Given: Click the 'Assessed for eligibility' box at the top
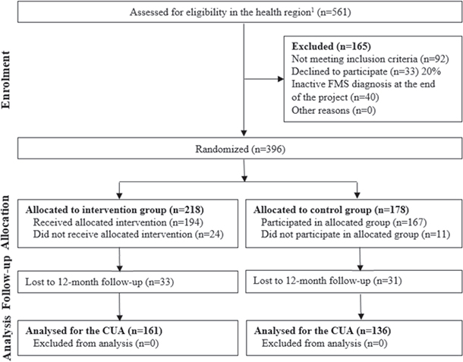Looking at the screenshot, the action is tap(240, 12).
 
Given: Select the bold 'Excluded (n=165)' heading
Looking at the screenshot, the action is tap(331, 46).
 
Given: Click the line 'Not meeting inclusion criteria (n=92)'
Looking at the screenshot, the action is tap(370, 59).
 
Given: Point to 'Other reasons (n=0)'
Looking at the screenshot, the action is tap(334, 111).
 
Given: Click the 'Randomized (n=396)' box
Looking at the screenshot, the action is tap(240, 149).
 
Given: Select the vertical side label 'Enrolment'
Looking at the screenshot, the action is tap(5, 80).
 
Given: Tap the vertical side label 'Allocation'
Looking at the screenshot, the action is tap(5, 222).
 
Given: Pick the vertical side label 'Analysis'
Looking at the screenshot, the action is tap(7, 338).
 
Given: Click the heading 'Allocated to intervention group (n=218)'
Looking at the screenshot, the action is tap(115, 210).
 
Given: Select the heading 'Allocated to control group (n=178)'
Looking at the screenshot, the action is tap(331, 210).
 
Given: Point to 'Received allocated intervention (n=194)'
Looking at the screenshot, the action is tap(118, 222).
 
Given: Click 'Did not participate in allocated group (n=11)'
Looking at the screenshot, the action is tap(355, 235).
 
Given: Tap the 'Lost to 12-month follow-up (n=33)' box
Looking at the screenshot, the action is tap(128, 282).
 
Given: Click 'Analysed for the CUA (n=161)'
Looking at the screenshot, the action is tap(94, 331).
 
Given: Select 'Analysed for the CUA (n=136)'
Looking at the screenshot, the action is tap(323, 331).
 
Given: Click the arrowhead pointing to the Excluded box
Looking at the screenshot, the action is tap(281, 79).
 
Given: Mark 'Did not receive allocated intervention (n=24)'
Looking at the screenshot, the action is tap(128, 235).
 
